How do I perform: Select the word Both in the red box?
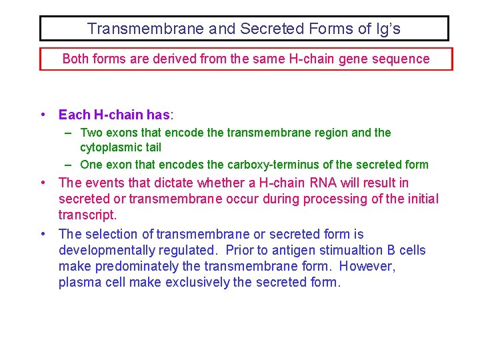pyautogui.click(x=75, y=59)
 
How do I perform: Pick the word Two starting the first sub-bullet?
pyautogui.click(x=90, y=133)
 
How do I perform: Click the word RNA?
pyautogui.click(x=328, y=183)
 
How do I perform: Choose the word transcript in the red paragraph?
pyautogui.click(x=86, y=215)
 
